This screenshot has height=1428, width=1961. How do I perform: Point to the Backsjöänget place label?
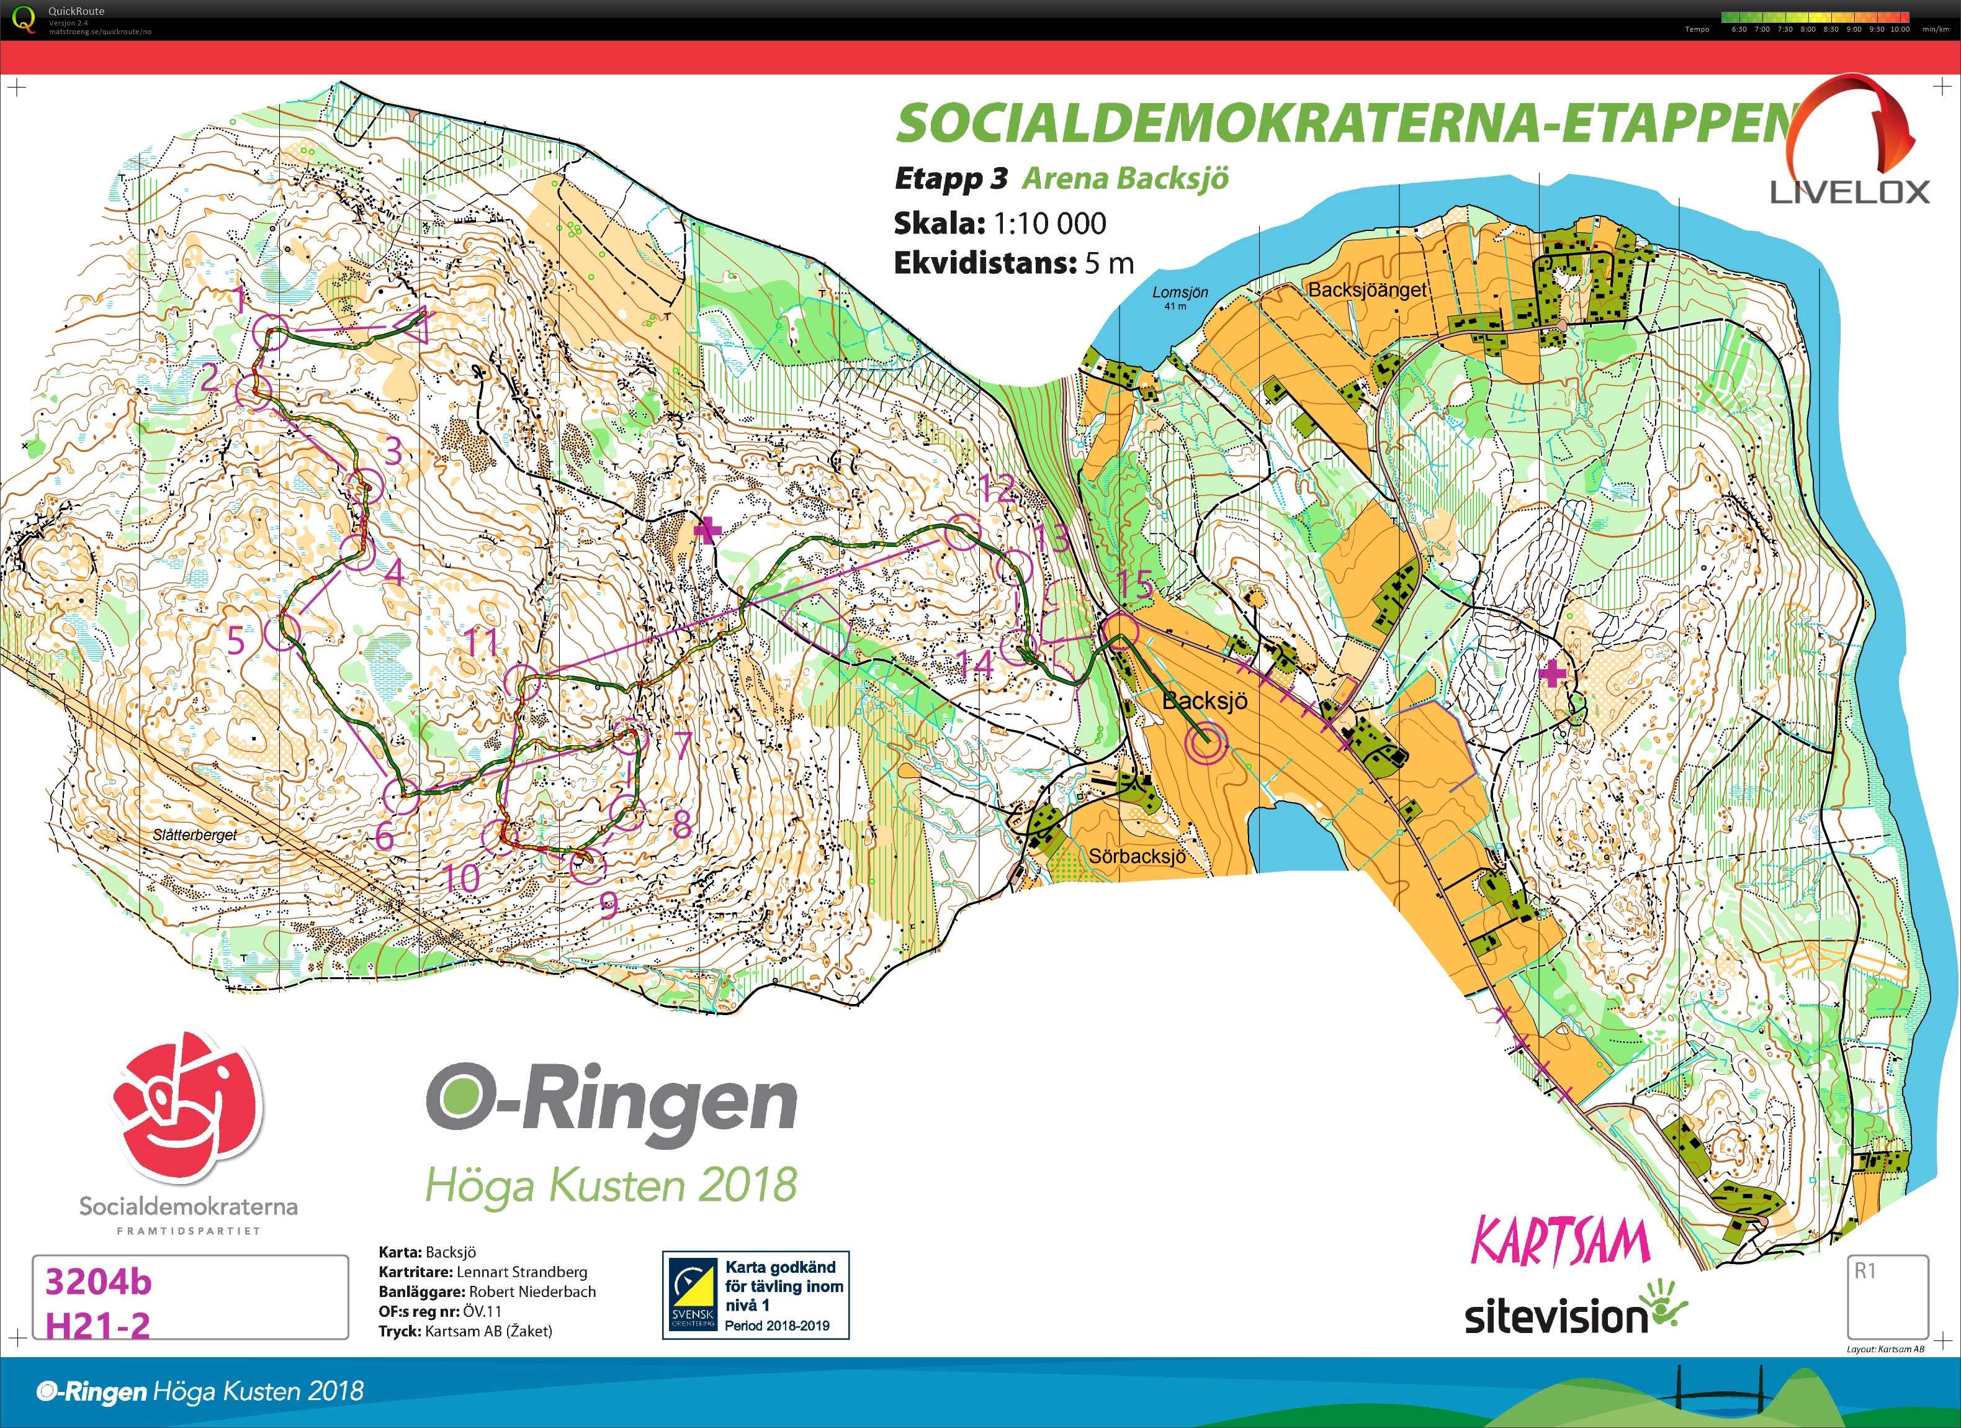(1367, 290)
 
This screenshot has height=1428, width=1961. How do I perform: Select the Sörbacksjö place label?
(1136, 856)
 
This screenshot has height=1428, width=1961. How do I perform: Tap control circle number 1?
(271, 332)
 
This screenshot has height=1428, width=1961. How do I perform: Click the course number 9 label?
(609, 906)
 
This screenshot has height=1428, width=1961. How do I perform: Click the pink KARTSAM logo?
(1560, 1241)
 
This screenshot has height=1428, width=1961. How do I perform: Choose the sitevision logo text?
(1556, 1316)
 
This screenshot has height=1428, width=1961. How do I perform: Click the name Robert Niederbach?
(532, 1291)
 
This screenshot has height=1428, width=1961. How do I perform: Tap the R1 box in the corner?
(1888, 1296)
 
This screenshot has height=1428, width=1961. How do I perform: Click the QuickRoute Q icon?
(24, 17)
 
